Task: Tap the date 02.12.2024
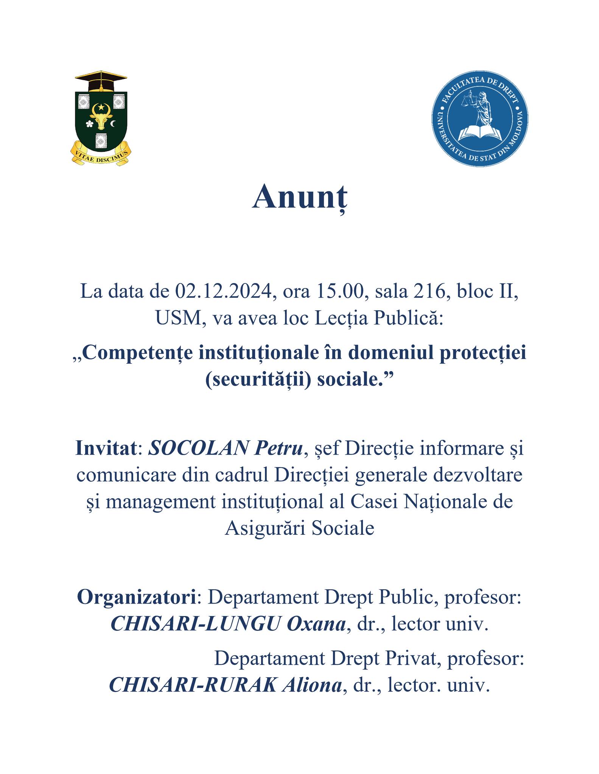[x=224, y=292]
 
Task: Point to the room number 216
[x=433, y=292]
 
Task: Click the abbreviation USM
[x=178, y=319]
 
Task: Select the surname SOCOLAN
[x=198, y=449]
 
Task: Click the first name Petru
[x=278, y=449]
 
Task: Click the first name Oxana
[x=316, y=624]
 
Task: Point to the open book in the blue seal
[x=479, y=133]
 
